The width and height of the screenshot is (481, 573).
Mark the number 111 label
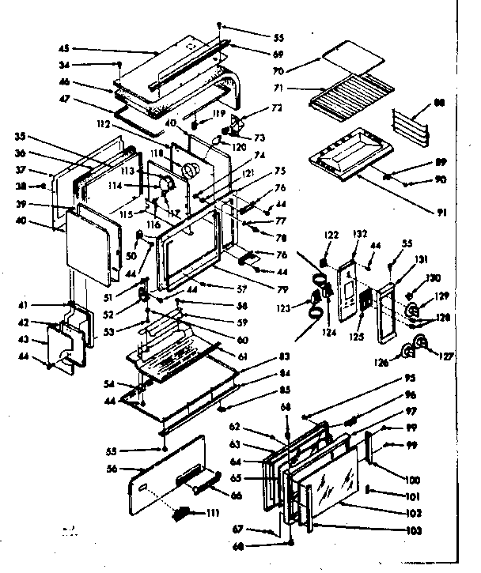coord(210,515)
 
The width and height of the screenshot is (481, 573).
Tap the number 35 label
coord(20,136)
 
